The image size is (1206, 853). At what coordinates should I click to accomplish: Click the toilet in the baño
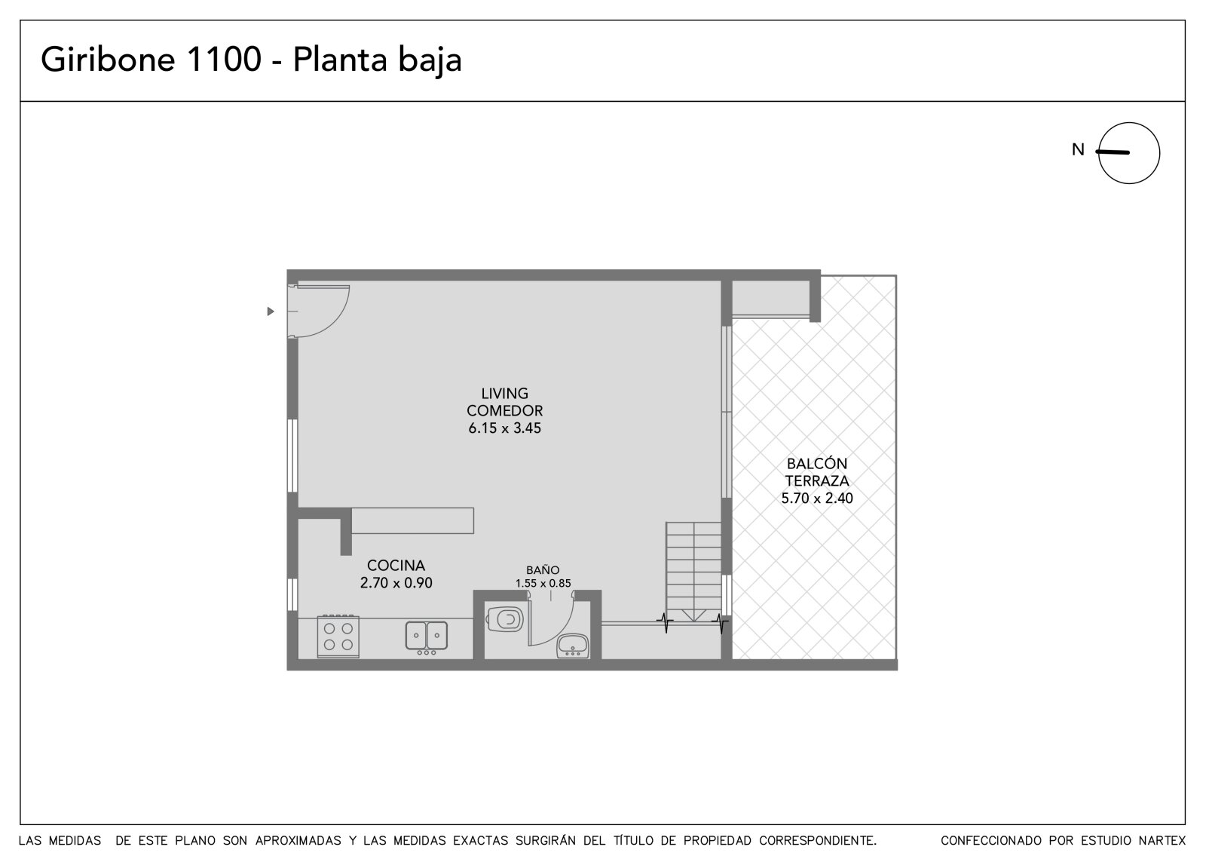[504, 619]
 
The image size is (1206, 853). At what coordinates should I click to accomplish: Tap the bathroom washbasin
[572, 646]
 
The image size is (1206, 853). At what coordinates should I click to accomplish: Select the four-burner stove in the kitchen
[338, 637]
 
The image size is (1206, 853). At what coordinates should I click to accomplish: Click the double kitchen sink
[427, 637]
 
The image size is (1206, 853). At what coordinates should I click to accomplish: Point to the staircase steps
[693, 571]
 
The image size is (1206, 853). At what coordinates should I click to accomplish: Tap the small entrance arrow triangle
[271, 311]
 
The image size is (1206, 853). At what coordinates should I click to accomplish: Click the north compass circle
[1129, 153]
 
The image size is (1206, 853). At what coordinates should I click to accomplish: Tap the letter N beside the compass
[1078, 149]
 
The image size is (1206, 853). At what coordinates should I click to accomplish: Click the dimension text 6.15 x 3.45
[504, 428]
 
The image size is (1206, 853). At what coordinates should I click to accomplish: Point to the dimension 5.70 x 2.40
[817, 499]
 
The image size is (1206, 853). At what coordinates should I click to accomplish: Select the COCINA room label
[396, 565]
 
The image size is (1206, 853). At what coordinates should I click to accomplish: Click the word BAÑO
[543, 569]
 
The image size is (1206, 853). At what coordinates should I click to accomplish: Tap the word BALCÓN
[817, 463]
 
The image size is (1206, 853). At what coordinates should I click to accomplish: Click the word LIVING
[504, 394]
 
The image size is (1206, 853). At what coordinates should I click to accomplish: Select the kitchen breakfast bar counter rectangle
[412, 520]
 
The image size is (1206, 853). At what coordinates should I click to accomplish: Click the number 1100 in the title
[223, 59]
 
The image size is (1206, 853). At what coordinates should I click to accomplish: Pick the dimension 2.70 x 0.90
[396, 583]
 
